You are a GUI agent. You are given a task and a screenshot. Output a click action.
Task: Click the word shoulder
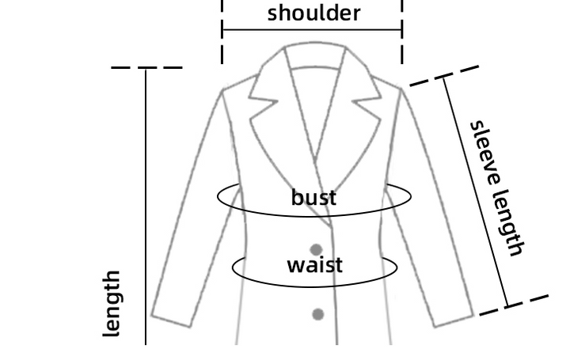[x=313, y=13]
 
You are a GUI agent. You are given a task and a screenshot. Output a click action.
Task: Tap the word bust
[x=313, y=197]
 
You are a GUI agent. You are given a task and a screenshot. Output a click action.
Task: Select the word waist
[x=314, y=265]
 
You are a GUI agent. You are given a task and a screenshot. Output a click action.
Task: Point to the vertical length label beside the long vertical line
[x=112, y=303]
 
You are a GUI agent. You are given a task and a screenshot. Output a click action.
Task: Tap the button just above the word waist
[x=316, y=250]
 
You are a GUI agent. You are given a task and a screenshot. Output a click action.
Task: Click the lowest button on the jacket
[x=318, y=314]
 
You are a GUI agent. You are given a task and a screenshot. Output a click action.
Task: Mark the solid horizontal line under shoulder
[x=312, y=30]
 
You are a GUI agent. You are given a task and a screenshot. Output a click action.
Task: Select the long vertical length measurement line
[x=146, y=206]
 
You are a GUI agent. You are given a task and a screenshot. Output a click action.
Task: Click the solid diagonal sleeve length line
[x=476, y=192]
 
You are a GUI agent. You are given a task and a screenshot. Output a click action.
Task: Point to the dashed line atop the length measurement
[x=147, y=67]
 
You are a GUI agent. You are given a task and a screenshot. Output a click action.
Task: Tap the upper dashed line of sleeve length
[x=444, y=76]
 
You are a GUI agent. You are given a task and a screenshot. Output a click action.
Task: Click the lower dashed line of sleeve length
[x=514, y=305]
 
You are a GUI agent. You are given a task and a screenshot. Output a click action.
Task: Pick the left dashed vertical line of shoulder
[x=222, y=32]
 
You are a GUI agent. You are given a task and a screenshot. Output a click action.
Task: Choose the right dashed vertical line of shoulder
[x=402, y=32]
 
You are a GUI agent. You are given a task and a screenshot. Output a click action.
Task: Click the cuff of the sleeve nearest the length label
[x=171, y=320]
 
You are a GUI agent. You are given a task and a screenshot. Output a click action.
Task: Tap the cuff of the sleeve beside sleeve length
[x=454, y=320]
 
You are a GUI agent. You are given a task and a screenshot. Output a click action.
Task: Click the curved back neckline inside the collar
[x=315, y=67]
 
